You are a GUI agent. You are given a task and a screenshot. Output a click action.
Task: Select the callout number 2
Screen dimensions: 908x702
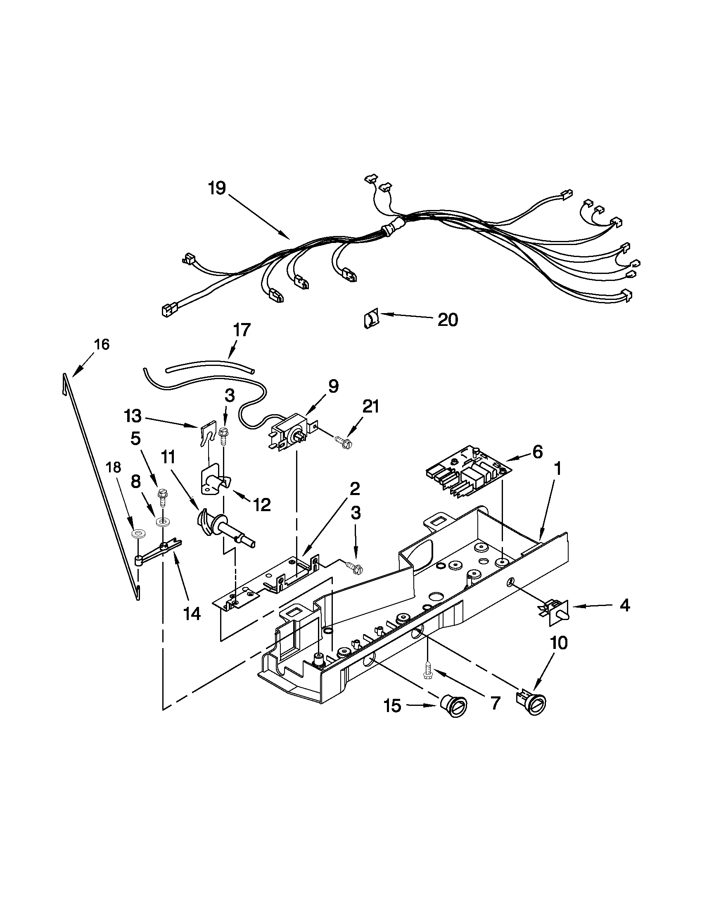[x=354, y=488]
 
